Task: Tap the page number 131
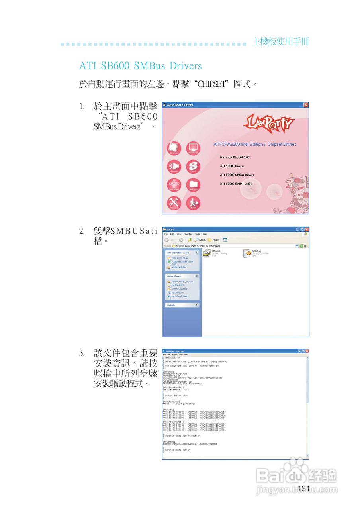tap(303, 488)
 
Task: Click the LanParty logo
tap(268, 124)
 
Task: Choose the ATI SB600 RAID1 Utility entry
tap(236, 184)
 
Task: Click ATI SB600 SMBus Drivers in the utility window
tap(237, 175)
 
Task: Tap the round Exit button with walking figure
tap(193, 204)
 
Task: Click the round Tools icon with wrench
tap(174, 204)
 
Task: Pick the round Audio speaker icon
tap(174, 167)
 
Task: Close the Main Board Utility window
tap(305, 105)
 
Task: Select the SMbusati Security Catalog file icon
tap(206, 253)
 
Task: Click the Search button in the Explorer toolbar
tap(200, 240)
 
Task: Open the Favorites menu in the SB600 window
tap(188, 234)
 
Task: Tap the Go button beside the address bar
tap(304, 246)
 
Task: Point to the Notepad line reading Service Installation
tap(177, 450)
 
